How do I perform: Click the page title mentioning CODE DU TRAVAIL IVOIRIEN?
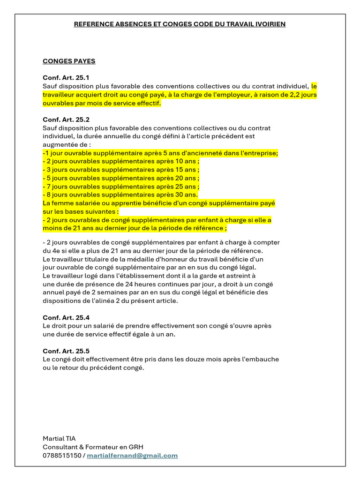180,24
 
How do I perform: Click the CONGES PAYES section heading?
69,61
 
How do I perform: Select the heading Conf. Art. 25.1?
66,78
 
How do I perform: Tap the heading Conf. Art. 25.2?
66,120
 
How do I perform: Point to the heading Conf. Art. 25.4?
66,317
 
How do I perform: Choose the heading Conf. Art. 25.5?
66,351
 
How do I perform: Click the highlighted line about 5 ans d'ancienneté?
160,153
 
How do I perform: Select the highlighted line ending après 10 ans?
121,161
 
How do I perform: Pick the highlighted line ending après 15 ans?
121,170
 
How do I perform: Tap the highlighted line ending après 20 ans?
121,178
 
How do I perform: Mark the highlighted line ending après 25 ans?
121,187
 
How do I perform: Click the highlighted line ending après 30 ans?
120,195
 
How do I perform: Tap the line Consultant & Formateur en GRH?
96,447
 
